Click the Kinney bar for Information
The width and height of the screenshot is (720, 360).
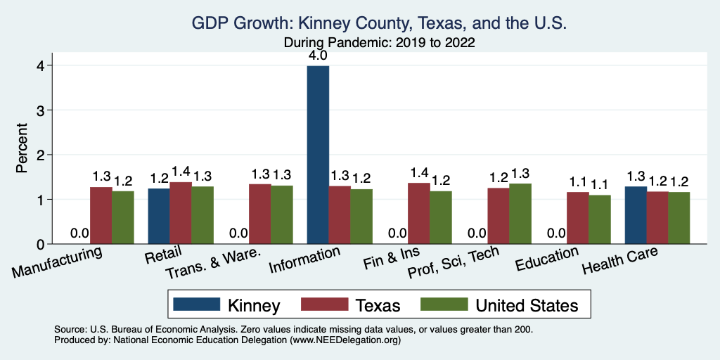(x=318, y=155)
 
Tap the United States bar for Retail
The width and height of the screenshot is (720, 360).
(x=202, y=215)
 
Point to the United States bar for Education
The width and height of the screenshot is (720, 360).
(x=600, y=219)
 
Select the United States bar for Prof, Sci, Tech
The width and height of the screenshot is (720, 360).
(x=520, y=214)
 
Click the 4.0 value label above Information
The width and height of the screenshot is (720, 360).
(x=318, y=55)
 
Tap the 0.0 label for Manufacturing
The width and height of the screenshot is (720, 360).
(x=79, y=233)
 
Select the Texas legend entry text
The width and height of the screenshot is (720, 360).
(x=378, y=305)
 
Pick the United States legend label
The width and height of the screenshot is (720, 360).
(x=527, y=305)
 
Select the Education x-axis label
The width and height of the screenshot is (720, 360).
(x=546, y=258)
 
